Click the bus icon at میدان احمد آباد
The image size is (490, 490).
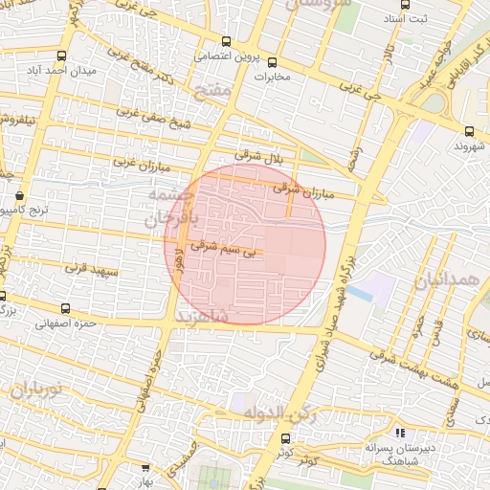tap(62, 56)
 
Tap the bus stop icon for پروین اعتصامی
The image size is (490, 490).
tap(226, 41)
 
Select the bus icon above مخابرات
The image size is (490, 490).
tap(272, 62)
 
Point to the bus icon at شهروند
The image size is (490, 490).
tap(469, 131)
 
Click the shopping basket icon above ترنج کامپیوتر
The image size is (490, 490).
tap(20, 195)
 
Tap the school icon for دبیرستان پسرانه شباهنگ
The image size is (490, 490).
tap(399, 434)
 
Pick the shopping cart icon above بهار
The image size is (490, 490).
tap(145, 468)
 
